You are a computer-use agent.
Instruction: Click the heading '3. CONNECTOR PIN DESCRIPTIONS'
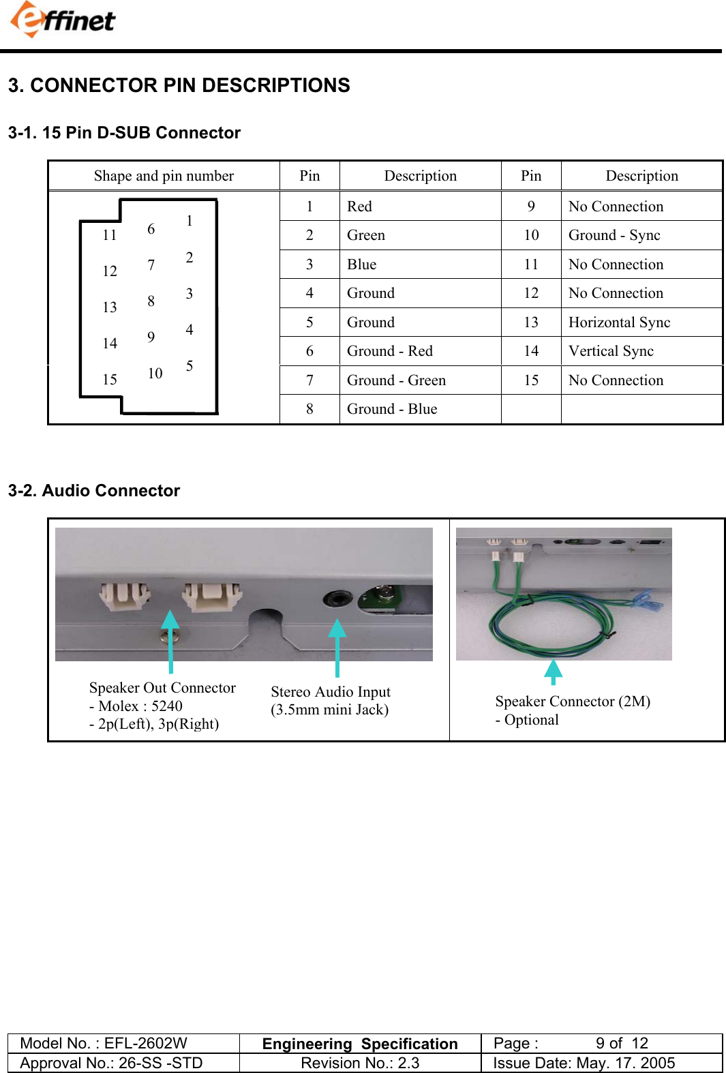pyautogui.click(x=179, y=85)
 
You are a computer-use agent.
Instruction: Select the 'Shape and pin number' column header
pyautogui.click(x=164, y=176)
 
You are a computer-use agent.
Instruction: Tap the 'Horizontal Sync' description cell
pyautogui.click(x=619, y=322)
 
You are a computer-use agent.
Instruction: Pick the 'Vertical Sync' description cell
pyautogui.click(x=611, y=351)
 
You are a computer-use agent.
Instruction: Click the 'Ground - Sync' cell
pyautogui.click(x=614, y=235)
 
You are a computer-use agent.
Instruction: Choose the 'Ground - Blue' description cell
pyautogui.click(x=392, y=409)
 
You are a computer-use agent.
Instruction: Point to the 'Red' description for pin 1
pyautogui.click(x=359, y=207)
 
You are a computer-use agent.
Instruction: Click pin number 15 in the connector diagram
pyautogui.click(x=110, y=380)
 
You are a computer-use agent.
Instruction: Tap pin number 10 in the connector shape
pyautogui.click(x=155, y=374)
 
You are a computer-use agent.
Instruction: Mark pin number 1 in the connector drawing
pyautogui.click(x=190, y=221)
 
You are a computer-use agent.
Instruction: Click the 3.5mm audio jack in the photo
pyautogui.click(x=337, y=599)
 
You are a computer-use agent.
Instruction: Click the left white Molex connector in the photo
pyautogui.click(x=124, y=596)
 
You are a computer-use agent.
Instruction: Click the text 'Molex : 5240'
pyautogui.click(x=140, y=706)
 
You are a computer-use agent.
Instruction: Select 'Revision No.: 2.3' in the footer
pyautogui.click(x=360, y=1063)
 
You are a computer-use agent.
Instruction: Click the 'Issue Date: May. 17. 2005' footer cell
pyautogui.click(x=584, y=1063)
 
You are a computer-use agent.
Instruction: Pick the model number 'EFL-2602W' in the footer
pyautogui.click(x=145, y=1044)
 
